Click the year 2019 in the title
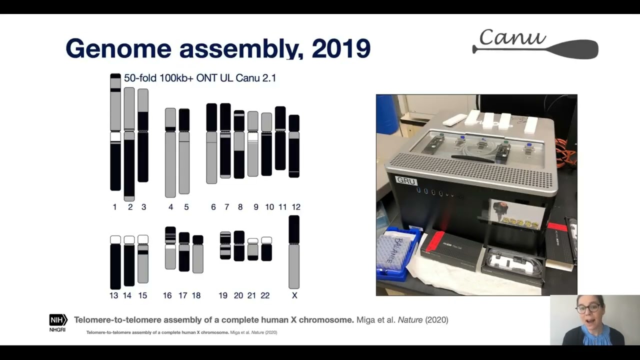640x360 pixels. click(x=340, y=48)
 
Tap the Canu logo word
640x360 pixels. click(x=512, y=37)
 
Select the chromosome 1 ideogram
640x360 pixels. click(x=115, y=132)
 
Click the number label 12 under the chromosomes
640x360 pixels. click(x=296, y=207)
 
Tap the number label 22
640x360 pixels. click(x=265, y=295)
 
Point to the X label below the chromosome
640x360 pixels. click(x=294, y=295)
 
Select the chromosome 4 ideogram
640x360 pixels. click(x=170, y=152)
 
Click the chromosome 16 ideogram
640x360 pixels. click(x=170, y=248)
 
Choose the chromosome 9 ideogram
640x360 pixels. click(x=253, y=144)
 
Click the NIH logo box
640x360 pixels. click(x=58, y=320)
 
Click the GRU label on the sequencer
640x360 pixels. click(x=406, y=181)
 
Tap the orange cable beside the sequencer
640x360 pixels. click(x=566, y=153)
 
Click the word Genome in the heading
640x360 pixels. click(x=118, y=48)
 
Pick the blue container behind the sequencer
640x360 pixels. click(x=387, y=114)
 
